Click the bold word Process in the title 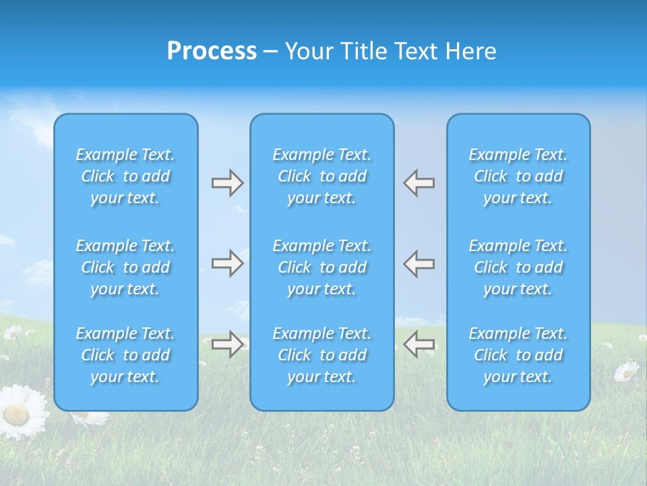pos(212,51)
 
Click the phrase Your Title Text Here pos(390,51)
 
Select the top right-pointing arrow pos(227,183)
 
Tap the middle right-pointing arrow pos(227,263)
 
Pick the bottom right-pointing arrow pos(227,344)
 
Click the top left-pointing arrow pos(419,183)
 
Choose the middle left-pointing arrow pos(419,263)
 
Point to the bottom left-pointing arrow pos(419,344)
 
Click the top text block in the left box pos(125,176)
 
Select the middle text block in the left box pos(125,267)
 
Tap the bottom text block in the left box pos(125,355)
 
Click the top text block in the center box pos(322,176)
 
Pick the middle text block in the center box pos(322,267)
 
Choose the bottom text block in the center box pos(322,355)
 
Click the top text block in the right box pos(518,176)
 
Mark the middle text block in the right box pos(518,267)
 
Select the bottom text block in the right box pos(518,355)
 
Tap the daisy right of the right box pos(626,371)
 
